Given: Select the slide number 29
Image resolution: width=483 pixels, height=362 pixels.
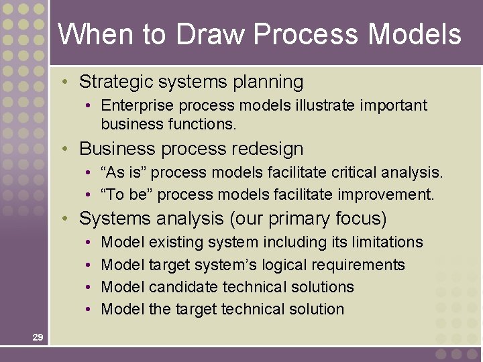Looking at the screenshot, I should (x=38, y=337).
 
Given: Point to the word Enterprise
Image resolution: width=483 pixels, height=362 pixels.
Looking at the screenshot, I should (x=133, y=106).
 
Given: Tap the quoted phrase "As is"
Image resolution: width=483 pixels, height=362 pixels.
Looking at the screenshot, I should (x=121, y=173).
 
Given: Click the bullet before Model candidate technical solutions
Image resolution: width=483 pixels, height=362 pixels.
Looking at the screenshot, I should (x=89, y=287).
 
